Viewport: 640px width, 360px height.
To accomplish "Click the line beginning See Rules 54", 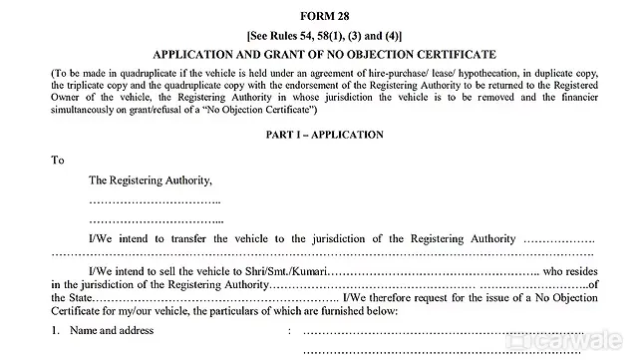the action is point(319,36).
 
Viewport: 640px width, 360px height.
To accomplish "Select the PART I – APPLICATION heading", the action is point(319,134).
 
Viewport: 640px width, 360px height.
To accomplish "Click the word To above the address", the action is point(57,160).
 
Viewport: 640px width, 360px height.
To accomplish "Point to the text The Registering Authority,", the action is point(151,180).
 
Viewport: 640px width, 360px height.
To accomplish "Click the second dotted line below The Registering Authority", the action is point(156,219).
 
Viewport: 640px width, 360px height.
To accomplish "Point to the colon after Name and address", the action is point(289,330).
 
